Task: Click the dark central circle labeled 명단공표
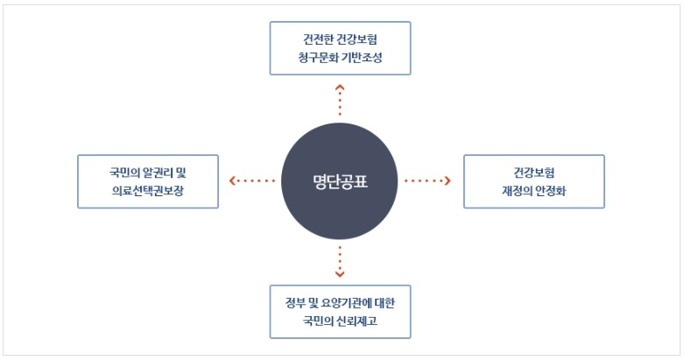tap(340, 181)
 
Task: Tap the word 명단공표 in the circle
tap(341, 181)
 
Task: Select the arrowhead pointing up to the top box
tap(340, 88)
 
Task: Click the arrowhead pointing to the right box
tap(448, 180)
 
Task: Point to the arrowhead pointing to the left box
tap(232, 180)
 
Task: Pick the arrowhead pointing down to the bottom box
tap(340, 274)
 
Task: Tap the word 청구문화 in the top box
tap(316, 58)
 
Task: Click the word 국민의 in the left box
tap(124, 173)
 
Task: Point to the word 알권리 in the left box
tap(159, 173)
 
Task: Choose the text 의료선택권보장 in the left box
tap(148, 191)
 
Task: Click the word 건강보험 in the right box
tap(534, 173)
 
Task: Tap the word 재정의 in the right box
tap(517, 191)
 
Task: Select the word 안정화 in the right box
tap(551, 191)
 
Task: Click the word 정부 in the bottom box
tap(295, 303)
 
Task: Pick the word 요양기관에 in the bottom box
tap(345, 303)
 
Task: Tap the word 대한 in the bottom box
tap(384, 303)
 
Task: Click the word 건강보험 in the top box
tap(357, 39)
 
